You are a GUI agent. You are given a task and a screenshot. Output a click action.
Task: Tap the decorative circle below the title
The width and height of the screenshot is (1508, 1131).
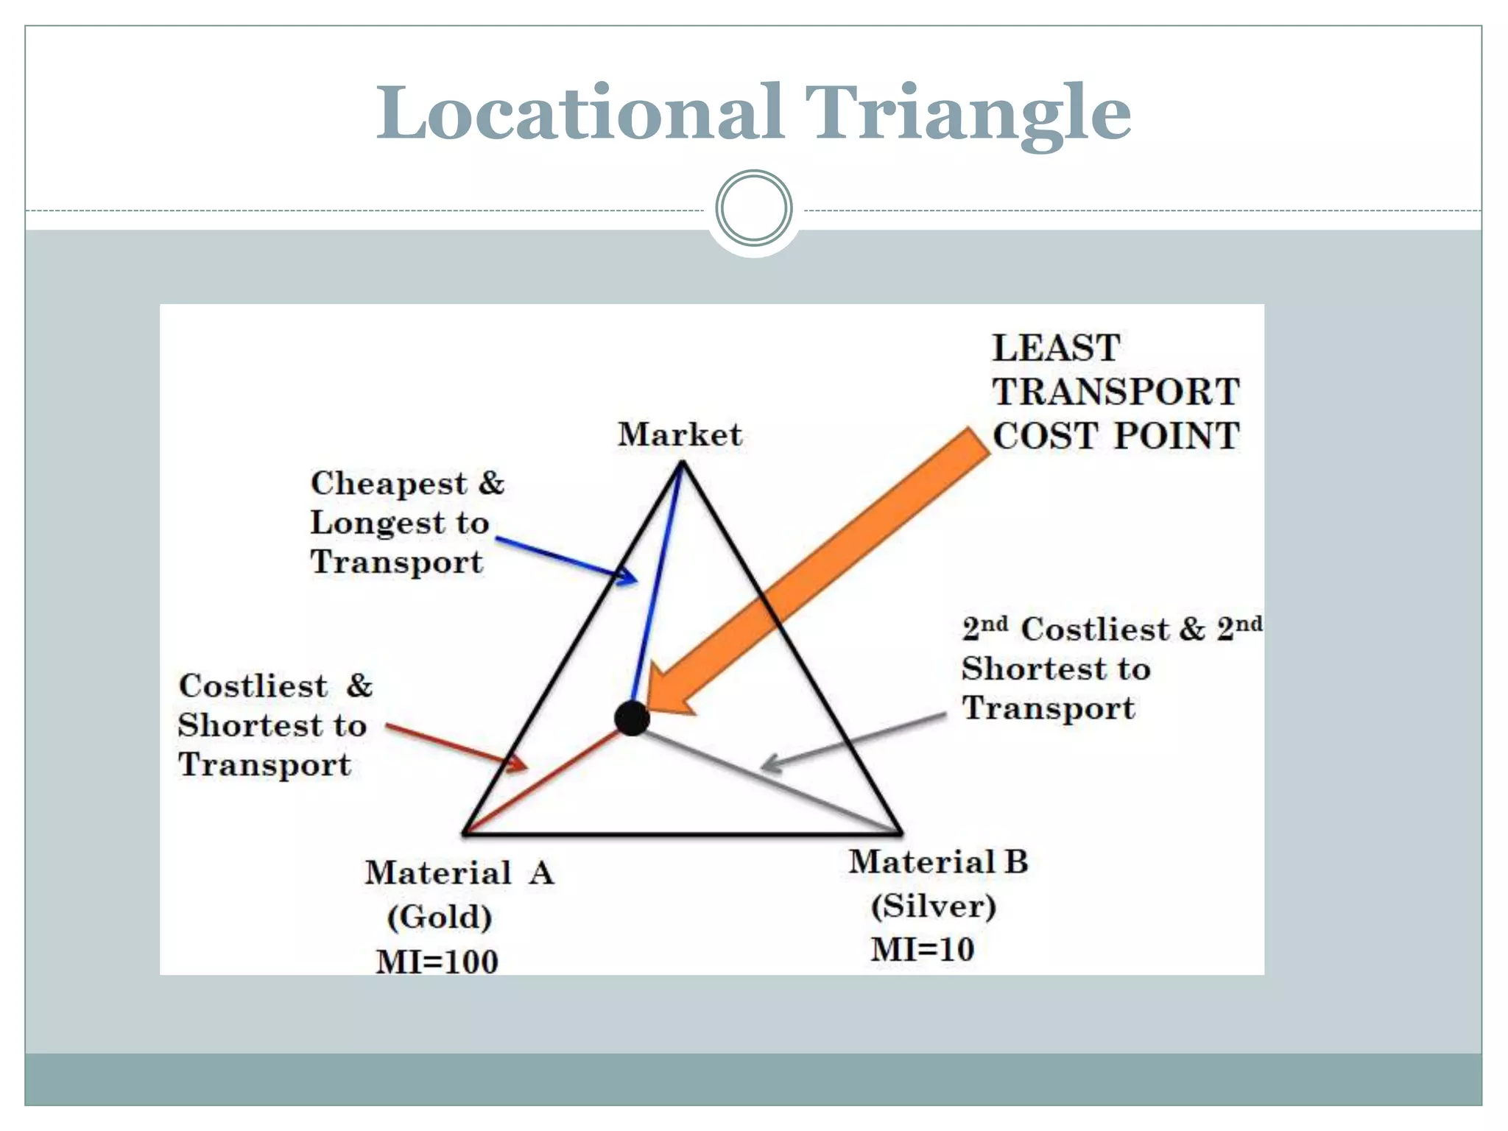[x=753, y=208]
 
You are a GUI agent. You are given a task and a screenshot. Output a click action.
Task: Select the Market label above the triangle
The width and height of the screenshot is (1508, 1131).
[x=680, y=434]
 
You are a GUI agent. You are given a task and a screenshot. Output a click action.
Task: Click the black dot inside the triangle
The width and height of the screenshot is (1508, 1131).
[x=632, y=718]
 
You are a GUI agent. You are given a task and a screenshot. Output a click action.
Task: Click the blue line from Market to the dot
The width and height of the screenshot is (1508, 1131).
[x=658, y=582]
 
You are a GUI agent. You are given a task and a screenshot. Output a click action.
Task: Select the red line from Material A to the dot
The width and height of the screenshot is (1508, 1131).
[x=545, y=781]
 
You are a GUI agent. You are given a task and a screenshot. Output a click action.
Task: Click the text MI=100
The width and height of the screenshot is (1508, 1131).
[x=437, y=962]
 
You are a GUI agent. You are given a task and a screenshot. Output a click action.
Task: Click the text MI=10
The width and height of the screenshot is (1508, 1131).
[x=923, y=950]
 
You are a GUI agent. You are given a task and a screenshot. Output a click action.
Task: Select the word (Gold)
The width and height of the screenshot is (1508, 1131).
[x=440, y=917]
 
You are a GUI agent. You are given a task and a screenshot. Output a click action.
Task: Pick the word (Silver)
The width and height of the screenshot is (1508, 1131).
[x=933, y=906]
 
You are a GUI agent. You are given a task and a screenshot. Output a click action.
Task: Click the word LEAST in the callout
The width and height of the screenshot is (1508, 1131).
[x=1056, y=348]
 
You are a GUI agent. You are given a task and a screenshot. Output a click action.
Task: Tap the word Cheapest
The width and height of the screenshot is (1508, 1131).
[x=389, y=484]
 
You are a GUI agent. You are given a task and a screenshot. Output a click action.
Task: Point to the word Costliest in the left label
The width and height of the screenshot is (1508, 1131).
[x=253, y=686]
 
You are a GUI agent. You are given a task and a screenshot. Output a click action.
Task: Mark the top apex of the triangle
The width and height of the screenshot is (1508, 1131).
[x=682, y=463]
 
